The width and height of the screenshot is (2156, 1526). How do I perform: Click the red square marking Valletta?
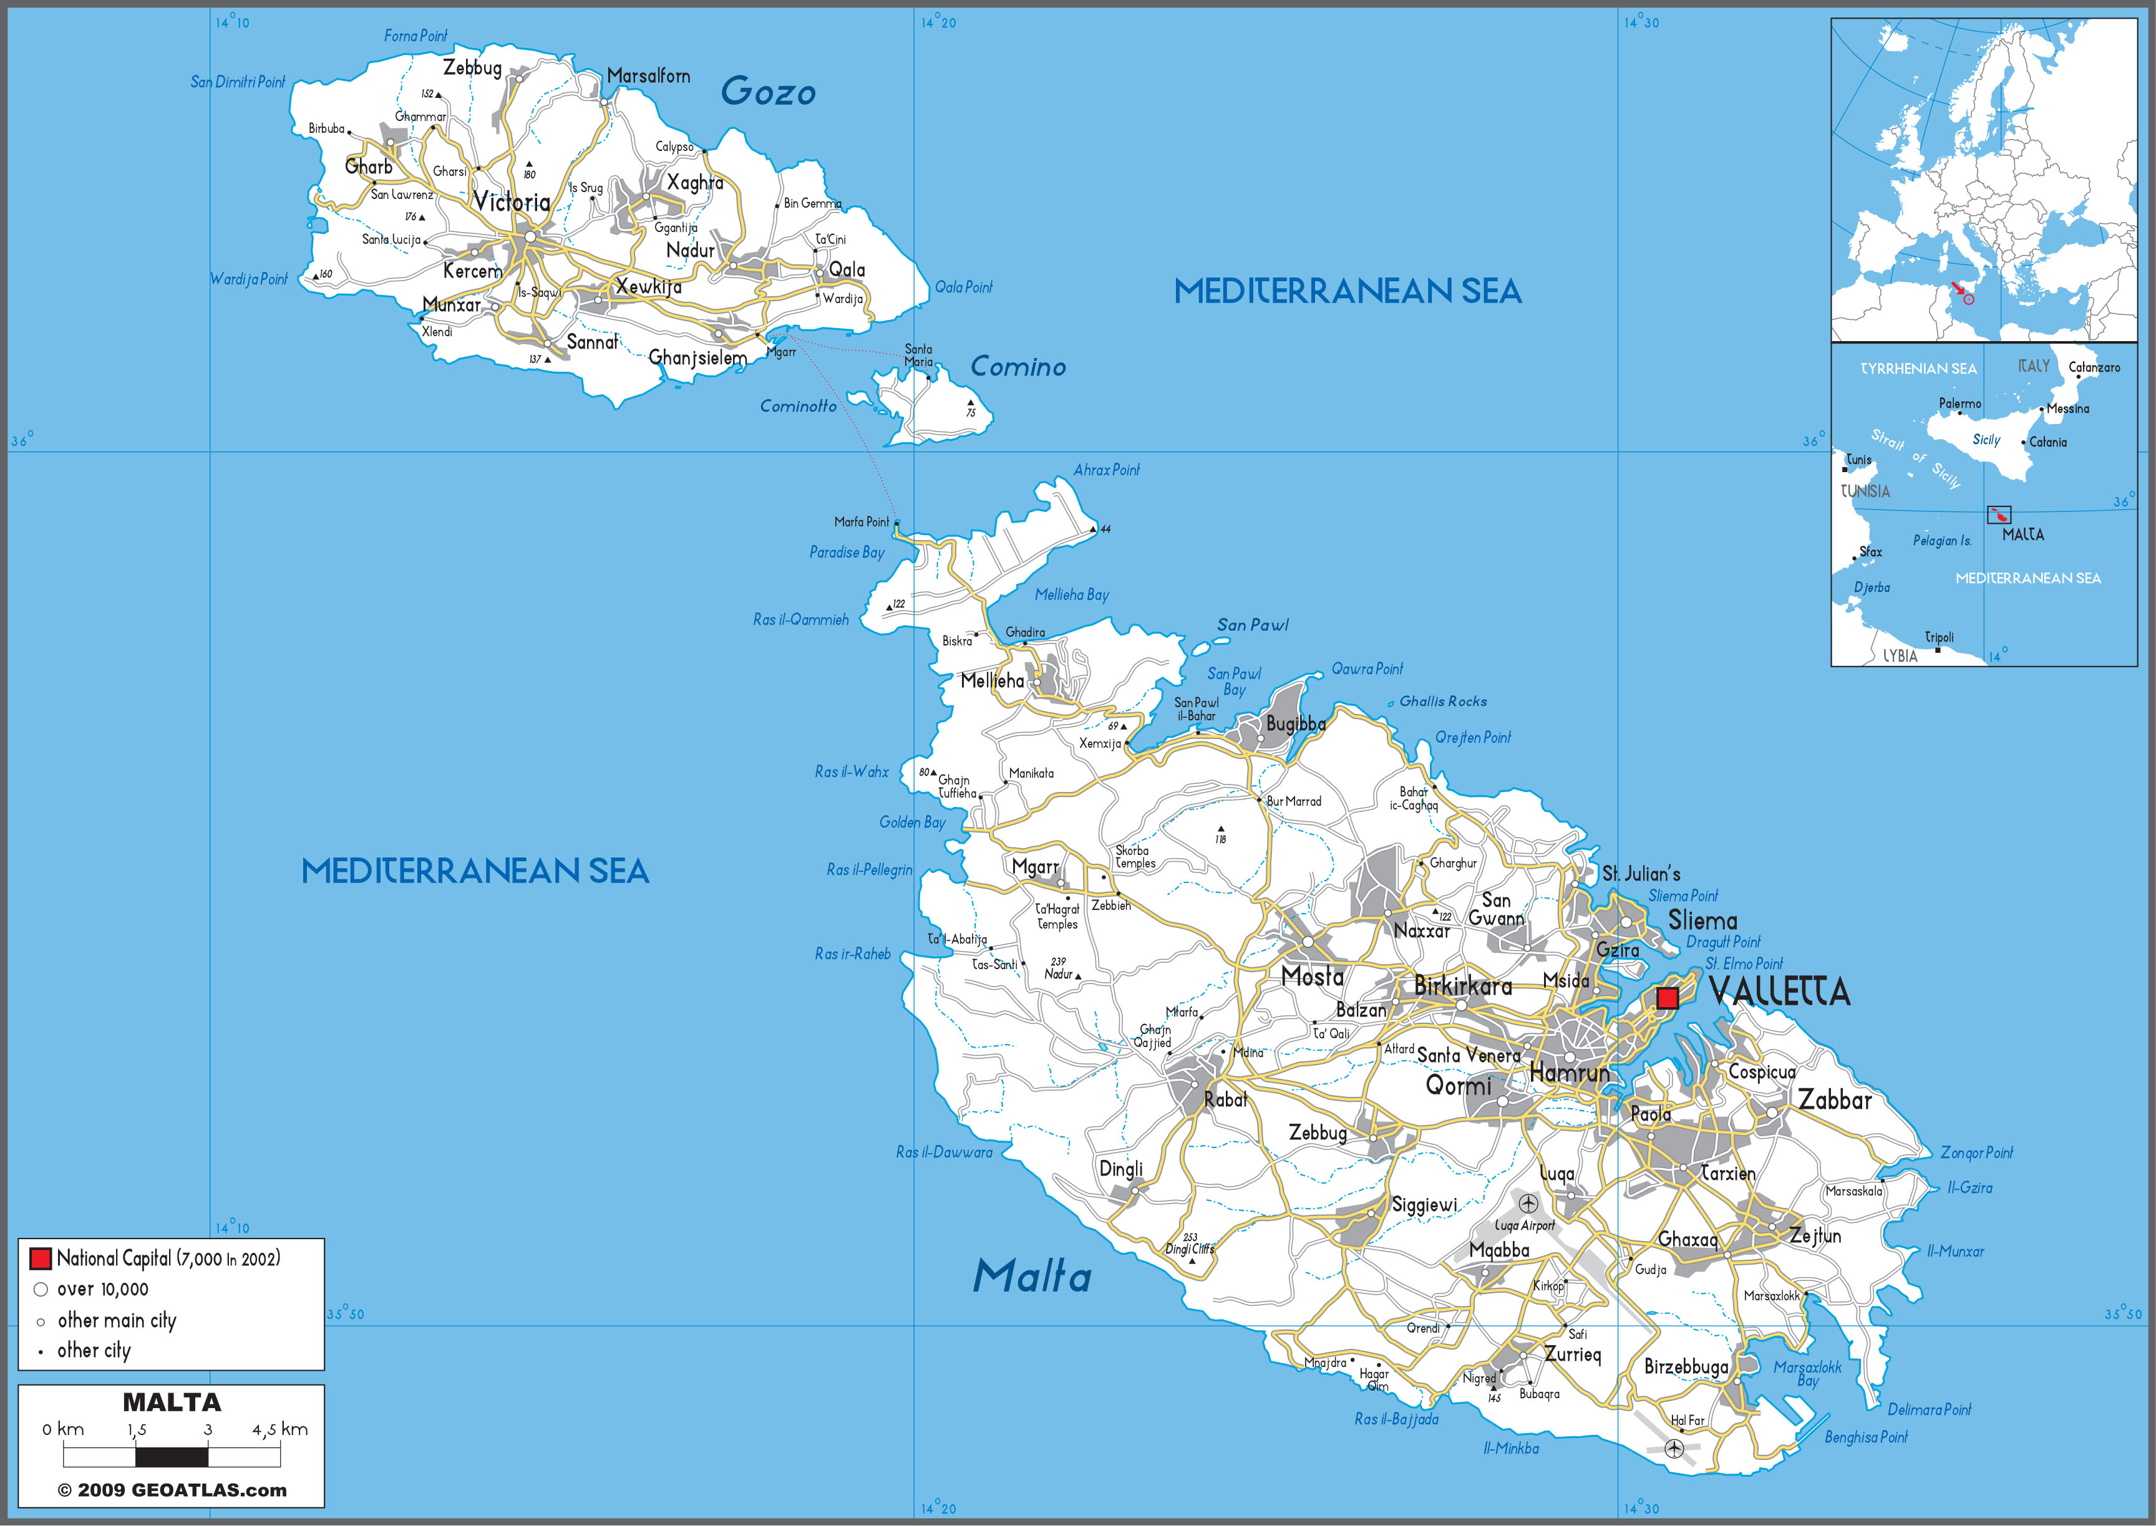pyautogui.click(x=1666, y=998)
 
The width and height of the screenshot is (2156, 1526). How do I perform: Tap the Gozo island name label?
pyautogui.click(x=768, y=91)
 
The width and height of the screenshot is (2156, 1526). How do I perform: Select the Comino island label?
pyautogui.click(x=1018, y=367)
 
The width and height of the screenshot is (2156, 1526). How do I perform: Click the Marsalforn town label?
pyautogui.click(x=649, y=76)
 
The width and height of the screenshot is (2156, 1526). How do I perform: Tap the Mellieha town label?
pyautogui.click(x=991, y=680)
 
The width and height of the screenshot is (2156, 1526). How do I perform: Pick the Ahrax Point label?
pyautogui.click(x=1106, y=470)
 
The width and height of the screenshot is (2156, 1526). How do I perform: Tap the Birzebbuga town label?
pyautogui.click(x=1685, y=1367)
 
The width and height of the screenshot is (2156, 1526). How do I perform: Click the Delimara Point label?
pyautogui.click(x=1928, y=1409)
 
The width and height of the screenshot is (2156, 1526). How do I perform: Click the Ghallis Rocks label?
pyautogui.click(x=1443, y=701)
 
